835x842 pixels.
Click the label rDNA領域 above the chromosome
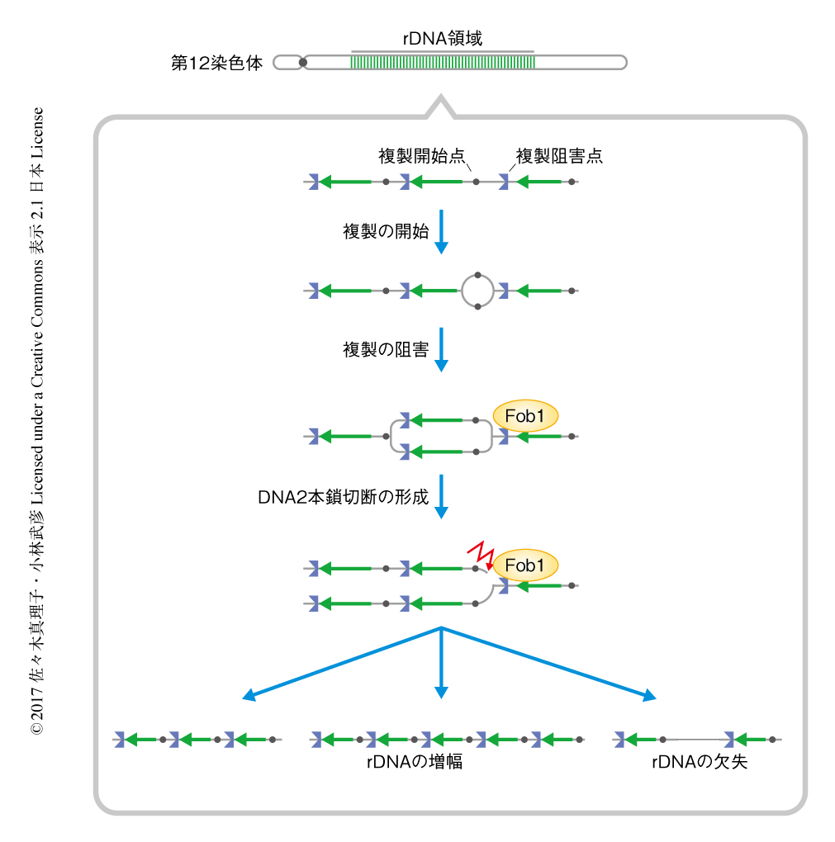[442, 38]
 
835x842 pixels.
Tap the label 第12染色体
[216, 63]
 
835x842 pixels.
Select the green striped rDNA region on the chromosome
[442, 62]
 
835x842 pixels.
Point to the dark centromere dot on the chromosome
[303, 62]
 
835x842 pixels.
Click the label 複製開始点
[421, 156]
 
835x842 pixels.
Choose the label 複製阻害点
[558, 156]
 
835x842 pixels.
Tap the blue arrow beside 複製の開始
[441, 231]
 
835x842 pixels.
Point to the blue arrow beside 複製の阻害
[441, 350]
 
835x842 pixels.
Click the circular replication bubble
[477, 291]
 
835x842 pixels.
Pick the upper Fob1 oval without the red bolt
[525, 417]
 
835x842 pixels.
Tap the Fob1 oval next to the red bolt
[525, 565]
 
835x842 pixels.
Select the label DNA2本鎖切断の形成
[343, 497]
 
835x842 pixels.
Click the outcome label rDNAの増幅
[414, 762]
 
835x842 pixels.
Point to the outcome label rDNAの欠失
[699, 762]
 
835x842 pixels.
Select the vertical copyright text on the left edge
[36, 421]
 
